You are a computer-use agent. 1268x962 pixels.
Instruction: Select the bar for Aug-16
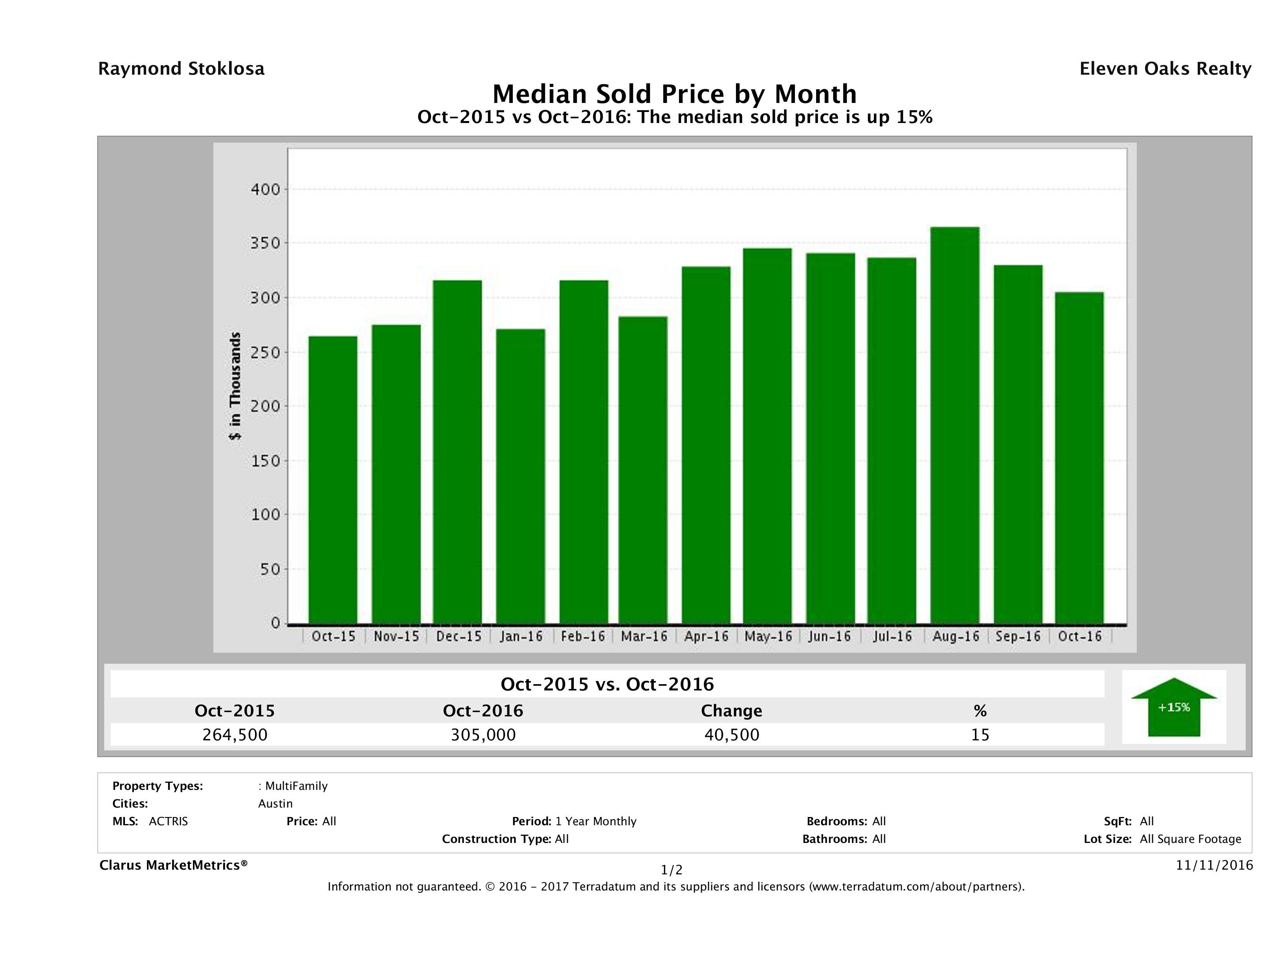[x=954, y=425]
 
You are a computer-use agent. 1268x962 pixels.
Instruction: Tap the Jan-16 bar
[x=521, y=476]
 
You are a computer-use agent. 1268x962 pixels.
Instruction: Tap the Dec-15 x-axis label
[x=458, y=636]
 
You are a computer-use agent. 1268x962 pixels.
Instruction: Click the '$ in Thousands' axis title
[x=235, y=386]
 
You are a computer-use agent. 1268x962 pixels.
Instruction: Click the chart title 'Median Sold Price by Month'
[x=674, y=94]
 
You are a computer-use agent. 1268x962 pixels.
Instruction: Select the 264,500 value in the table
[x=235, y=734]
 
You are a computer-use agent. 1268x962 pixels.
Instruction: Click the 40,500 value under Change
[x=732, y=734]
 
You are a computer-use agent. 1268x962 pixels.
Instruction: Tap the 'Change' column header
[x=732, y=711]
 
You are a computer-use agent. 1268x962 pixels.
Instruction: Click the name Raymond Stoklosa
[x=181, y=69]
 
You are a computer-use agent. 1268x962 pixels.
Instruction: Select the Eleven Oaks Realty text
[x=1165, y=69]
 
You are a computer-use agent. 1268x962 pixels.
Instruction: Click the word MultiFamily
[x=296, y=786]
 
